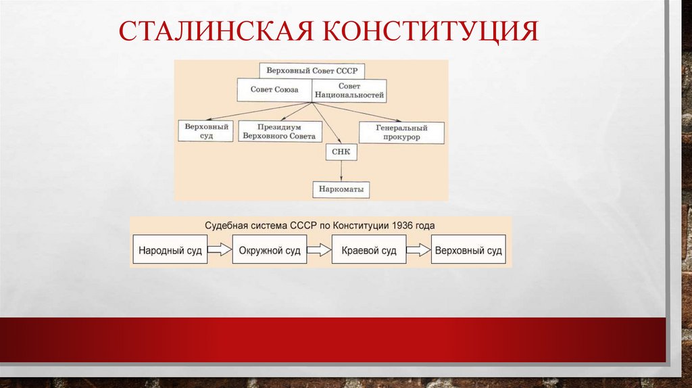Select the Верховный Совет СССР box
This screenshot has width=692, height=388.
pos(312,70)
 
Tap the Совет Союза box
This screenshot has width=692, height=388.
pos(274,90)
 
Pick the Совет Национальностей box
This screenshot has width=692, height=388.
pos(349,91)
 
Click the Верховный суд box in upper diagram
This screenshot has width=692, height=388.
pos(206,130)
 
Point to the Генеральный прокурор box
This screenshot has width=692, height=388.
pos(401,132)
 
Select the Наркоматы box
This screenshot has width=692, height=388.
pos(341,190)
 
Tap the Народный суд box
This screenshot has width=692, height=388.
pos(170,250)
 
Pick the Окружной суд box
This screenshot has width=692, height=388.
pos(269,250)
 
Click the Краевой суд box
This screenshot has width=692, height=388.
pos(369,250)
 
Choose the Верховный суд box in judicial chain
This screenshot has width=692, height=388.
pos(468,250)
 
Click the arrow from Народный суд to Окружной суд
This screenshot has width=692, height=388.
pos(220,250)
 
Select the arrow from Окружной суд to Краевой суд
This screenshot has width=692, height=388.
pos(319,250)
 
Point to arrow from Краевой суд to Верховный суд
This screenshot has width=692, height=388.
pos(419,250)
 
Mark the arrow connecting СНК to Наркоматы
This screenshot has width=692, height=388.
pos(341,171)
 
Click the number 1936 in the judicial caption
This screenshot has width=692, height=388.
pos(403,225)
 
